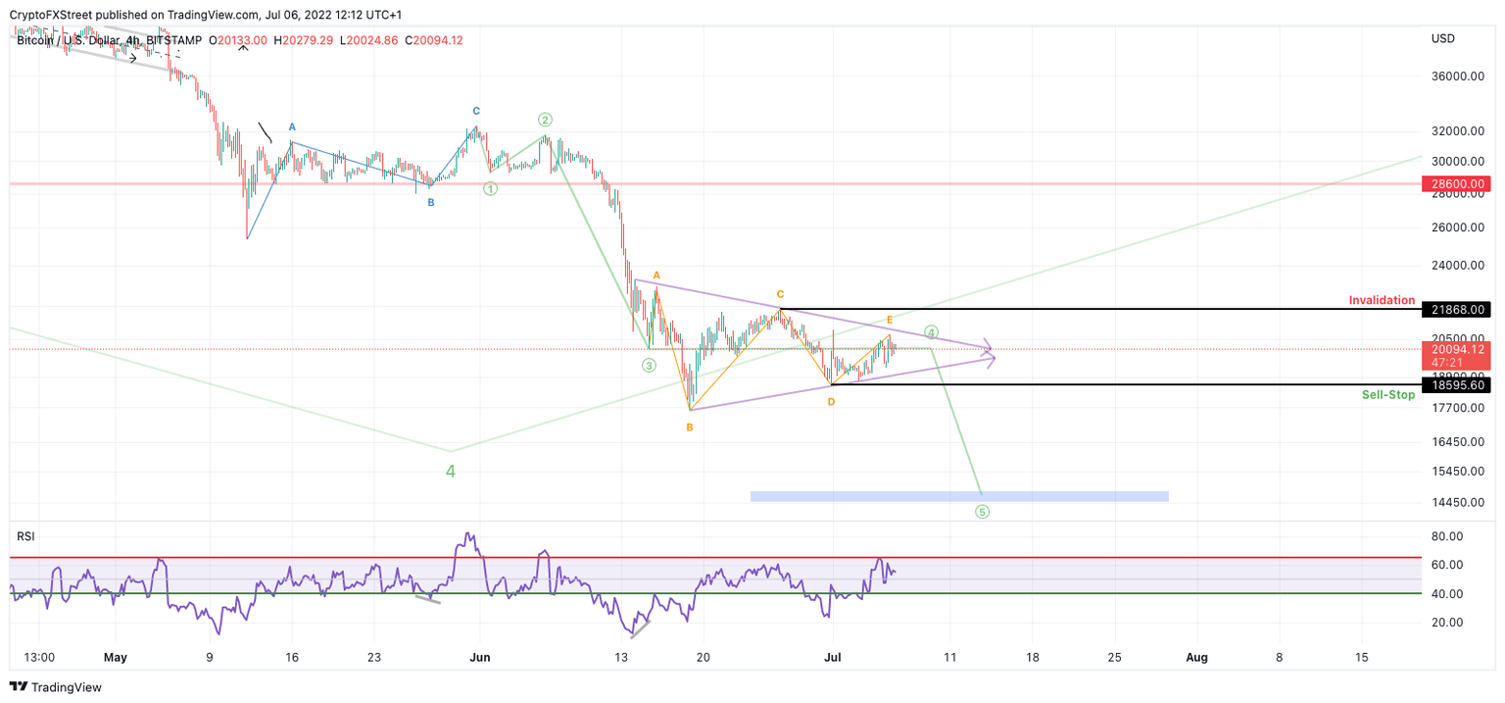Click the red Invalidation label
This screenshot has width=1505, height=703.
(x=1382, y=300)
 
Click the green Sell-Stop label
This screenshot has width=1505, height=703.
(x=1387, y=395)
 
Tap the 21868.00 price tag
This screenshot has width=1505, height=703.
(x=1456, y=310)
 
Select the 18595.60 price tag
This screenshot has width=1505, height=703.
(x=1456, y=385)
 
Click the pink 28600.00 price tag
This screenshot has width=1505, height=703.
(x=1456, y=183)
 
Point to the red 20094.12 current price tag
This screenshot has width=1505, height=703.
(x=1456, y=350)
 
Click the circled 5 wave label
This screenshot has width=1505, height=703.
(x=982, y=512)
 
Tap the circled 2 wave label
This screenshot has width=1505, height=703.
(x=545, y=120)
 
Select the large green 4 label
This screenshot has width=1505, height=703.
(x=451, y=471)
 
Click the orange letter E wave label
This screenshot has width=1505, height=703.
(x=890, y=320)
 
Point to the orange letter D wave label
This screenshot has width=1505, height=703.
(x=831, y=402)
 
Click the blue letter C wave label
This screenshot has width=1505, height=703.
(x=476, y=111)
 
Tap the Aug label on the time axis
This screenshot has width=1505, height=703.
(x=1196, y=657)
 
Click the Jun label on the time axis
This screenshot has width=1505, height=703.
(x=479, y=657)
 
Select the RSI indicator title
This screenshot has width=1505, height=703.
(x=25, y=535)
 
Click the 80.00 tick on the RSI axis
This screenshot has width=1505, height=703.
(x=1447, y=536)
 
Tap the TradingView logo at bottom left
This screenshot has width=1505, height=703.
(x=56, y=687)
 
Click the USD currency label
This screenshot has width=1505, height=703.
(x=1442, y=38)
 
